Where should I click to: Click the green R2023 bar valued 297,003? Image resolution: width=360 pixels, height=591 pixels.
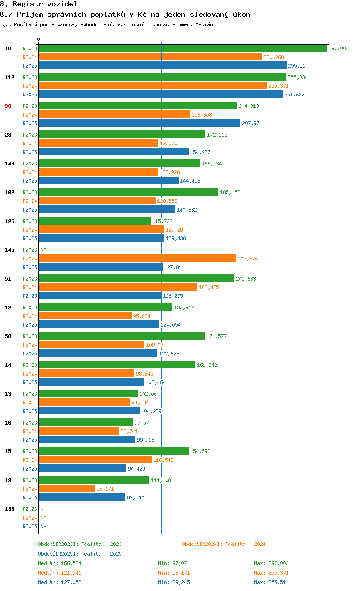point(183,48)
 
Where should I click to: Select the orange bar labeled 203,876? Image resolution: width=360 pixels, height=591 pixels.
point(137,258)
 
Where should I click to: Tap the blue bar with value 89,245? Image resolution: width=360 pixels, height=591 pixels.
point(82,497)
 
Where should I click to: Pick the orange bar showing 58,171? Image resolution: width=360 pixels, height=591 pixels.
point(67,488)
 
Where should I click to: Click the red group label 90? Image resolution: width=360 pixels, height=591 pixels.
point(8,106)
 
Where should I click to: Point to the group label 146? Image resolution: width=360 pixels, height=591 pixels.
point(9,164)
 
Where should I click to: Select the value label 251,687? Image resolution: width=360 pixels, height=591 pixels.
point(294,95)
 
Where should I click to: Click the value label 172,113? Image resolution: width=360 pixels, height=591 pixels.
point(217,135)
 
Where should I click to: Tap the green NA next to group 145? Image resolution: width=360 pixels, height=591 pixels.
point(43,250)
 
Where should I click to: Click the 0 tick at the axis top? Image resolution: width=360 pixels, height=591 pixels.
point(39,39)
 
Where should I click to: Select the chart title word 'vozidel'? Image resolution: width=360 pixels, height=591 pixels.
point(62,4)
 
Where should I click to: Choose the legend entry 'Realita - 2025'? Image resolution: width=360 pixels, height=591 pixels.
point(101,554)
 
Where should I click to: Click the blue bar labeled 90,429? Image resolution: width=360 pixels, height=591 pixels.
point(83,468)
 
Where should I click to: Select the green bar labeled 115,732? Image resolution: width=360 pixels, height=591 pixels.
point(95,221)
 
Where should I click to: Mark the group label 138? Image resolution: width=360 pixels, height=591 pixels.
point(9,509)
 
